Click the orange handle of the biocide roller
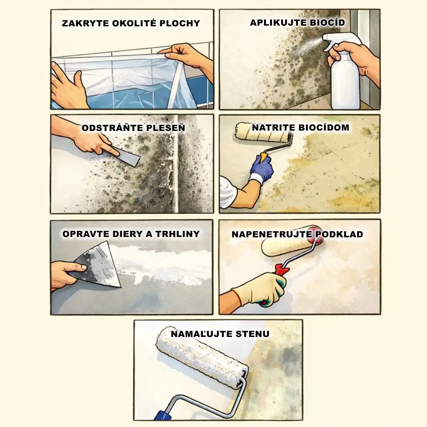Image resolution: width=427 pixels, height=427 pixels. pos(264,157)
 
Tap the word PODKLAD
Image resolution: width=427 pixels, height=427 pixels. pos(340,234)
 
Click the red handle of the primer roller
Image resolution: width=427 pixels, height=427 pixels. pos(282,270)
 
